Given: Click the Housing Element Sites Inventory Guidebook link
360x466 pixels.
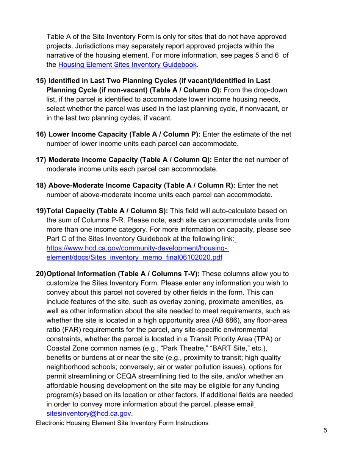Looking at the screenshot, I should (128, 65).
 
